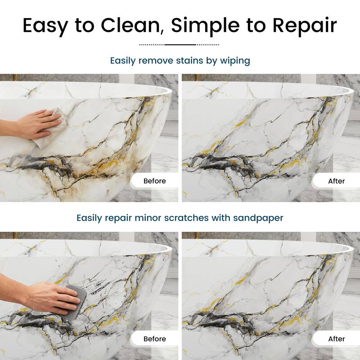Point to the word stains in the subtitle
(x=189, y=61)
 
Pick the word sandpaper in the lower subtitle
(x=258, y=218)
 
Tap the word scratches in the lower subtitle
(x=186, y=218)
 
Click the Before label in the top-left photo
(x=154, y=181)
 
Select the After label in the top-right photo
(x=336, y=181)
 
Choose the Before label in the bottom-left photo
(x=154, y=339)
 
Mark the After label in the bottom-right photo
(x=336, y=339)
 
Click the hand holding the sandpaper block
(x=41, y=296)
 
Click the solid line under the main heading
(x=180, y=45)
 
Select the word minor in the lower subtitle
(x=148, y=218)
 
